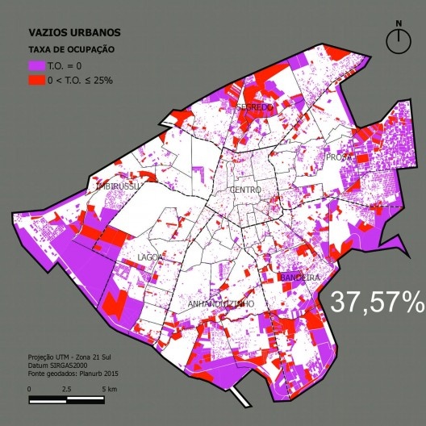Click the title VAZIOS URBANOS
pyautogui.click(x=74, y=33)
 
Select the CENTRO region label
pyautogui.click(x=245, y=190)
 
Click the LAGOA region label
pyautogui.click(x=151, y=257)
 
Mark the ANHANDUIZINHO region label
pyautogui.click(x=221, y=303)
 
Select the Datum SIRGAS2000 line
pyautogui.click(x=57, y=363)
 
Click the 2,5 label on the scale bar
pyautogui.click(x=65, y=389)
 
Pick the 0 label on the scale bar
pyautogui.click(x=30, y=389)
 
